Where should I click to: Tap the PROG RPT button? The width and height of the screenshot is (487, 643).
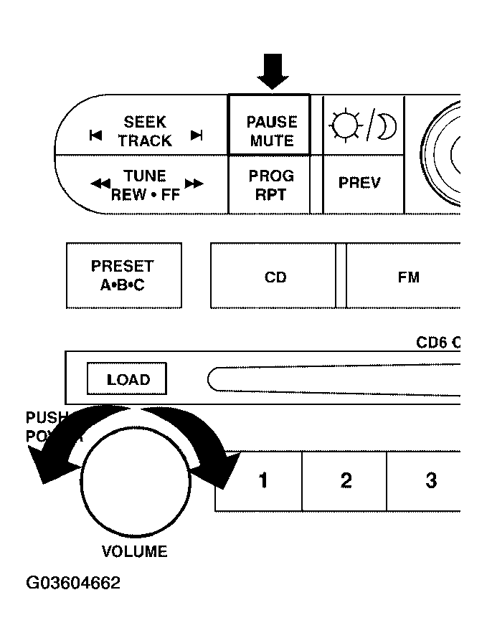[x=271, y=184]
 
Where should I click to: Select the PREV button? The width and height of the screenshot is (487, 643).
[x=359, y=183]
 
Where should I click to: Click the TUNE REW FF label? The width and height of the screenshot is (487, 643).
[x=146, y=184]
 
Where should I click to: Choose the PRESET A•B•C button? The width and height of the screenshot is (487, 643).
[x=123, y=275]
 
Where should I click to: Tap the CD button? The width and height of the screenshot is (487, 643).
[x=275, y=277]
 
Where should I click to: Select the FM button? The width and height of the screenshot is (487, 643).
[x=408, y=277]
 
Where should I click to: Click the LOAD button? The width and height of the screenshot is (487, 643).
[x=128, y=379]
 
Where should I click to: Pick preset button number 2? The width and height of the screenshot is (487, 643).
[x=346, y=480]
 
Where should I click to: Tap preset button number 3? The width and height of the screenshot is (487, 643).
[x=430, y=480]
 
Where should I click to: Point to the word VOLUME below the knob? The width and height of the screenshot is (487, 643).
[x=134, y=551]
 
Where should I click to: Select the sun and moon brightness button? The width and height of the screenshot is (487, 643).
[x=363, y=127]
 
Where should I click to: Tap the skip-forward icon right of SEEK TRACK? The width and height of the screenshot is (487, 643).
[x=197, y=135]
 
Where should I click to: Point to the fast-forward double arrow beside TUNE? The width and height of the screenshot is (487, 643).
[x=193, y=184]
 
